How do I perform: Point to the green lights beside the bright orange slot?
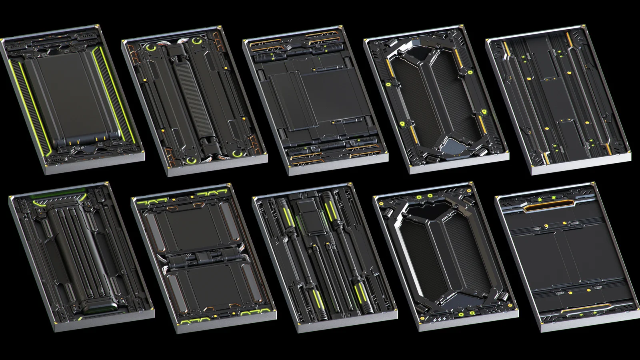(540, 199)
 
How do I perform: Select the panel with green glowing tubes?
(324, 256)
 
